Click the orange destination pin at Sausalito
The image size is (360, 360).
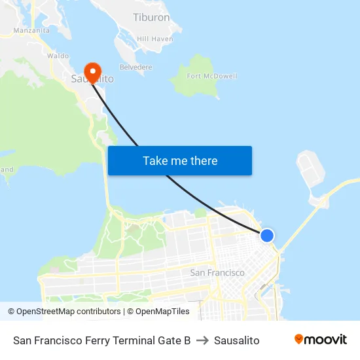pos(92,71)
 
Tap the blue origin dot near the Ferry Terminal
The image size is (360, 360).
pos(267,236)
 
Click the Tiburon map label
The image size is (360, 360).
pos(151,18)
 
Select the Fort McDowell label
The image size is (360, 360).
pos(212,76)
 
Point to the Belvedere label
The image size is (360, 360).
pos(135,67)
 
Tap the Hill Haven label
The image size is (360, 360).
pos(155,39)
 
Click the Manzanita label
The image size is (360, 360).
pos(31,30)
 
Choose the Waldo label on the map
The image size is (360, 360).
pos(58,56)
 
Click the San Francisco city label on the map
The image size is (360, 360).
pos(217,272)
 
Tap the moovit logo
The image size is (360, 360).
pos(321,340)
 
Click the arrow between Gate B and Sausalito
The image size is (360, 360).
pos(202,340)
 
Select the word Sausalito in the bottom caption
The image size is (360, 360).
pos(236,340)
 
